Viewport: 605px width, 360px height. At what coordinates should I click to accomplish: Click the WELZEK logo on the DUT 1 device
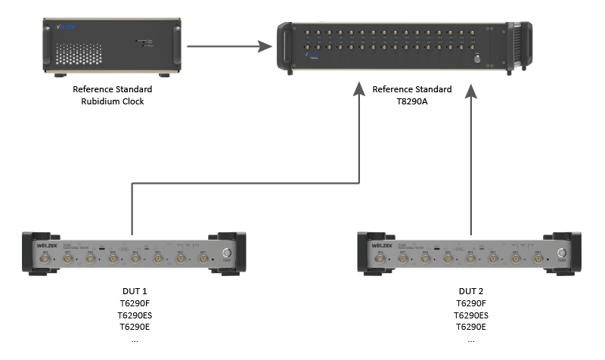click(47, 246)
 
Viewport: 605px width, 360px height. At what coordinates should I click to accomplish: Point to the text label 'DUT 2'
click(470, 291)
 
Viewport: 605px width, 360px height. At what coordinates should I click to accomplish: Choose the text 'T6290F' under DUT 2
click(470, 303)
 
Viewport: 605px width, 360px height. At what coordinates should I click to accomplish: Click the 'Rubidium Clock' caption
click(113, 101)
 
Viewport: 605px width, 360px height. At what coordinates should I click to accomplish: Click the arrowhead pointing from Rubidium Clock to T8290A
click(264, 47)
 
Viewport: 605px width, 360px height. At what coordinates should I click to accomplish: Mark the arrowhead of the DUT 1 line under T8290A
click(357, 91)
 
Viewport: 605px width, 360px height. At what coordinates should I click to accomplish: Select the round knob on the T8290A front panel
click(477, 57)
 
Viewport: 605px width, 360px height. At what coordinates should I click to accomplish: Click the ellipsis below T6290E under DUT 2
click(470, 339)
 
